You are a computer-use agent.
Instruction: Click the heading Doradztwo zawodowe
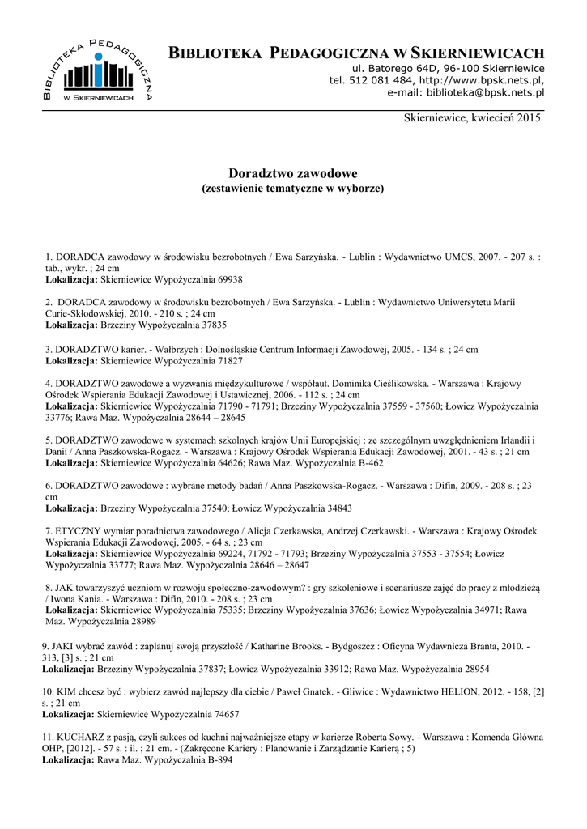click(292, 173)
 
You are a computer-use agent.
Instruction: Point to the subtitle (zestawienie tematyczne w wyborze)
click(292, 188)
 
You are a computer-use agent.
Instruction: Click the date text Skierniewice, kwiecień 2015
click(471, 118)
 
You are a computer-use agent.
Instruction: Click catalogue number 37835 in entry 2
click(211, 323)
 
